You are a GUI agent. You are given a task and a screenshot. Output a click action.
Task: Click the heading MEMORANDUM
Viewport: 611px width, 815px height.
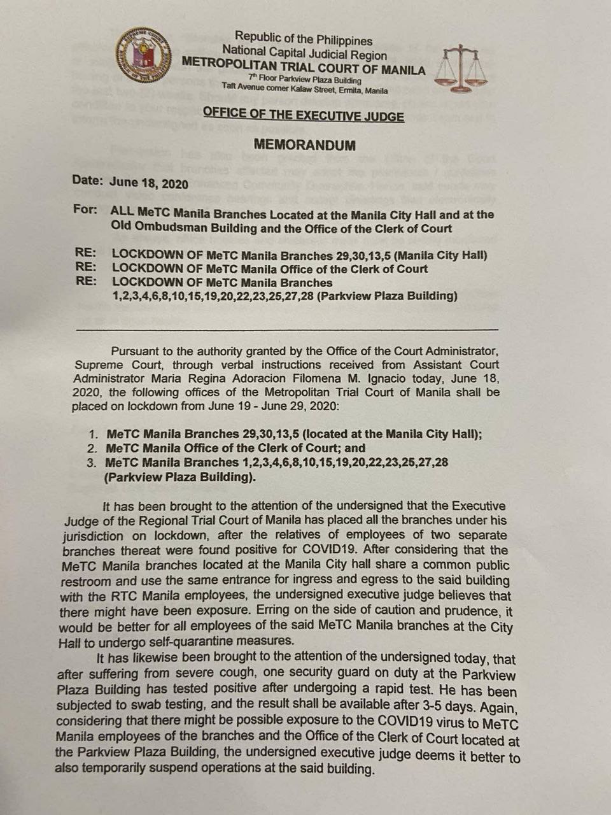point(304,146)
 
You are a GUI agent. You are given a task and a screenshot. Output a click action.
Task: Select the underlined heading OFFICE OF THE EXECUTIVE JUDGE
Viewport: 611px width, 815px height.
point(304,116)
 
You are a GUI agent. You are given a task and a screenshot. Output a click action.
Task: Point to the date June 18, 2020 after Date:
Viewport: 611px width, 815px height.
point(149,183)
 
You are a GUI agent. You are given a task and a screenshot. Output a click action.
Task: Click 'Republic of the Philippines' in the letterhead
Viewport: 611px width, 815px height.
point(304,39)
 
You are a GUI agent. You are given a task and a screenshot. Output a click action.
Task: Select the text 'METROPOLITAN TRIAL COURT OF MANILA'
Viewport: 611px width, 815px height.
point(304,68)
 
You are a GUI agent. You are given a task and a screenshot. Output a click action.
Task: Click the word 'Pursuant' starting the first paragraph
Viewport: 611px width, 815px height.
point(134,351)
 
